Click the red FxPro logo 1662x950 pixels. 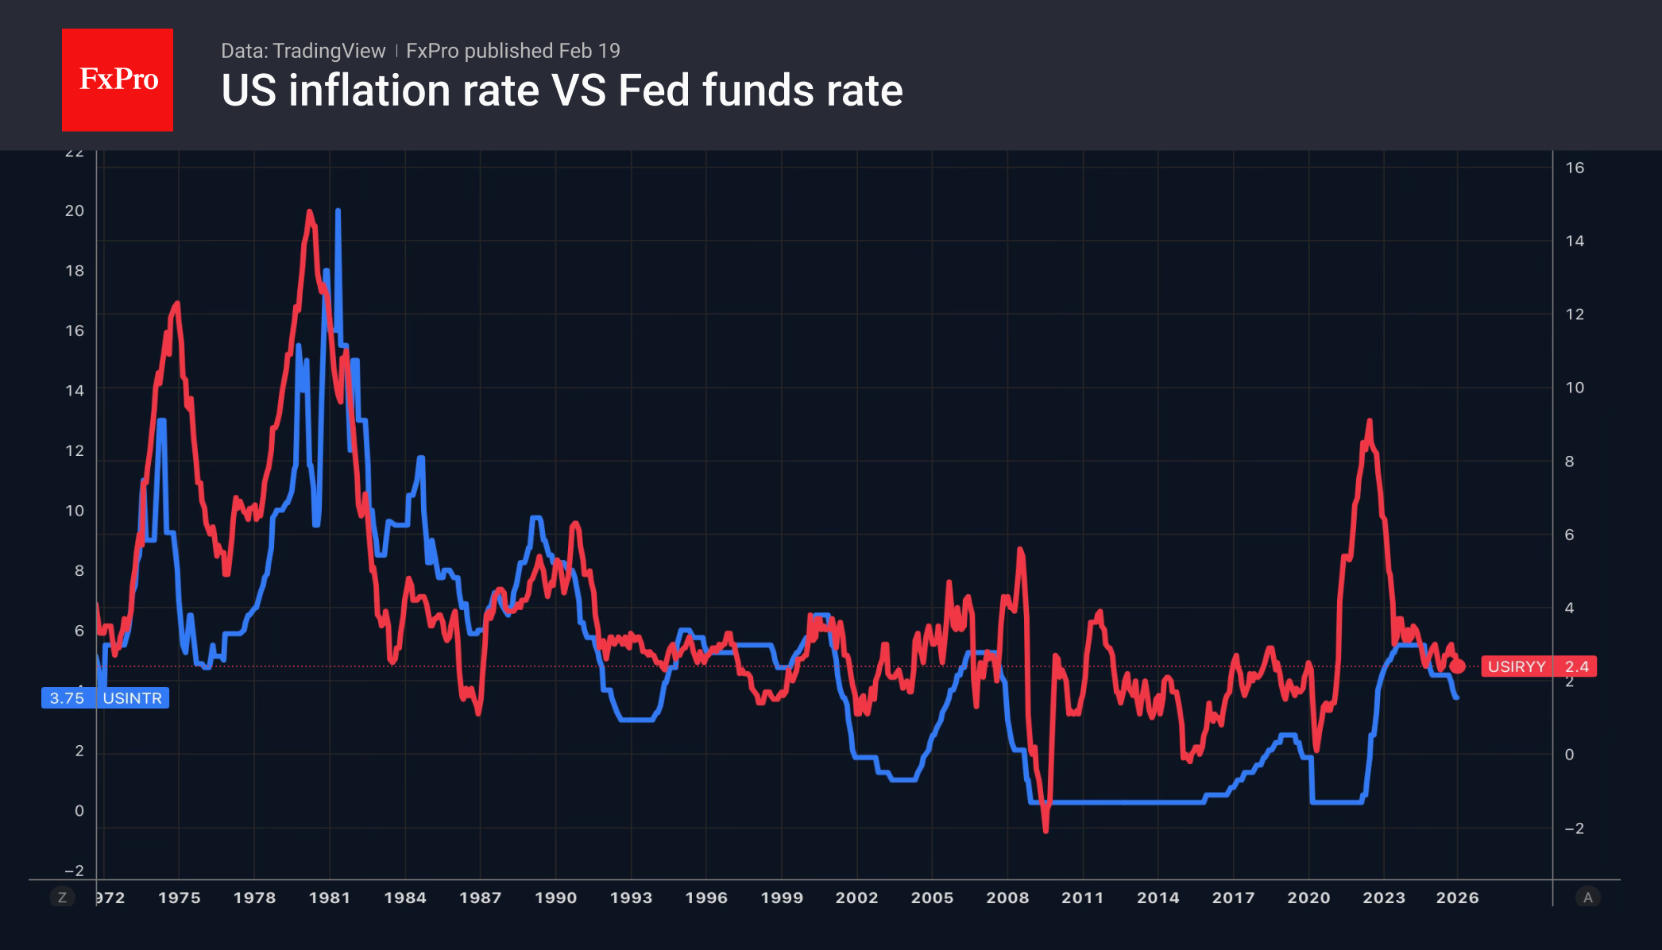pos(118,79)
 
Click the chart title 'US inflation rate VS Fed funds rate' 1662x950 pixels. pos(562,91)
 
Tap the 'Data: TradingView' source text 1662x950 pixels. pos(303,51)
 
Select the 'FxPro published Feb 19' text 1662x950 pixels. pos(513,51)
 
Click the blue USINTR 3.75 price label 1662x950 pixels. pos(105,698)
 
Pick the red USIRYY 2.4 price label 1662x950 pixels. pos(1538,666)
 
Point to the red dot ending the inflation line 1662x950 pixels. pos(1457,666)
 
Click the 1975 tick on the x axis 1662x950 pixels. pos(179,898)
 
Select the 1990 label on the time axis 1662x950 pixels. pos(555,898)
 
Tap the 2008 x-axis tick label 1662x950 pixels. pos(1007,898)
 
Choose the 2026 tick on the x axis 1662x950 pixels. pos(1457,898)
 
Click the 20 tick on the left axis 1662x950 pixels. pos(75,210)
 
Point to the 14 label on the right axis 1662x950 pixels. pos(1575,241)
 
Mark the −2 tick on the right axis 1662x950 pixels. pos(1574,828)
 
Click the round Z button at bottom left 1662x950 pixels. pos(62,898)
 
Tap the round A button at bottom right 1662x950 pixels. pos(1587,898)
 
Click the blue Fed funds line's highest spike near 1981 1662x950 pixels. pos(338,211)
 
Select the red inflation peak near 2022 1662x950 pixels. pos(1369,421)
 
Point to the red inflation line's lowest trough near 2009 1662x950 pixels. pos(1046,830)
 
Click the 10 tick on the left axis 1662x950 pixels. pos(75,511)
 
